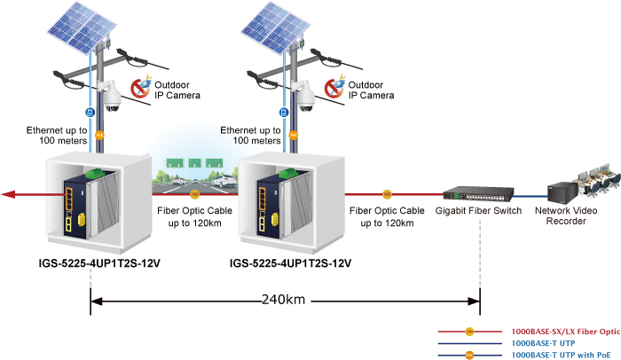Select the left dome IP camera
(113, 96)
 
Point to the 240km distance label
(283, 300)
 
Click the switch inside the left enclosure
(75, 203)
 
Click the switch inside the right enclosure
(269, 203)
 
